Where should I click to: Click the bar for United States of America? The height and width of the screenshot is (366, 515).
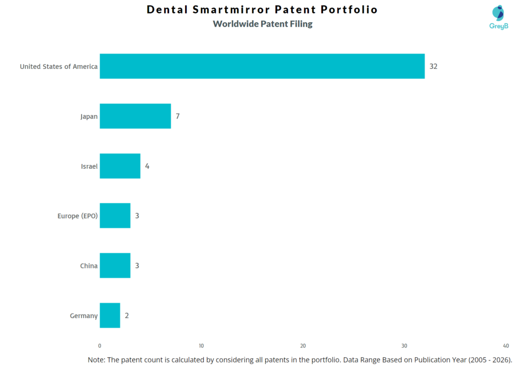tap(262, 66)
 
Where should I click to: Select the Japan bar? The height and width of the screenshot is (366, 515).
tap(135, 116)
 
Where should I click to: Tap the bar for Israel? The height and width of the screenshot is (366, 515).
tap(120, 166)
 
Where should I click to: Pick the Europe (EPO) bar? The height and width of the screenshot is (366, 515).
tap(115, 215)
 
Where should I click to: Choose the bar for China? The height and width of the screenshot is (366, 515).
tap(115, 265)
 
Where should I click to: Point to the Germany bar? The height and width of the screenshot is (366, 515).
tap(110, 315)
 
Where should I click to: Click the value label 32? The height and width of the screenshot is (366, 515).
tap(433, 66)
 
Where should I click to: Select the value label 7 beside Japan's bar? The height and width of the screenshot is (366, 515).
tap(178, 116)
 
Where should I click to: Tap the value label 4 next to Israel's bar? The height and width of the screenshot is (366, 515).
tap(147, 166)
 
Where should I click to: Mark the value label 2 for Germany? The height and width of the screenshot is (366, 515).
tap(127, 315)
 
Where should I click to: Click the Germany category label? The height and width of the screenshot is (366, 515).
tap(83, 316)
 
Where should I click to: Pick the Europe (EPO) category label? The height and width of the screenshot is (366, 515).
tap(77, 216)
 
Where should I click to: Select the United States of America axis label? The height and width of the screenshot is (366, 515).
tap(58, 66)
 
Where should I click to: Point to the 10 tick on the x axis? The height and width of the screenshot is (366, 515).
tap(201, 346)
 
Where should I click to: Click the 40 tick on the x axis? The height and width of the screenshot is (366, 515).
tap(505, 346)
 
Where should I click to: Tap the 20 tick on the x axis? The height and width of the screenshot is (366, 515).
tap(303, 346)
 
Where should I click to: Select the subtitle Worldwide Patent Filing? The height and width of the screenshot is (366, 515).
tap(263, 24)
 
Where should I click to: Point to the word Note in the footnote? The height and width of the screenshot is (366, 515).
tap(97, 359)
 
